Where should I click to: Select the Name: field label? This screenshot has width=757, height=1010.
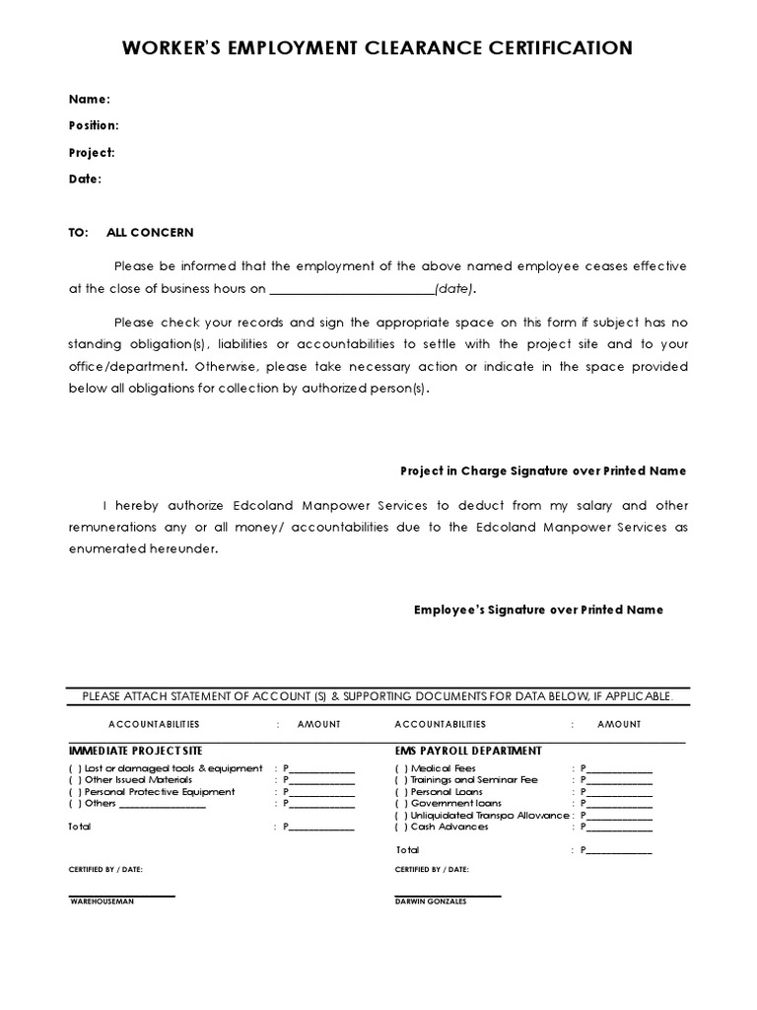tap(89, 99)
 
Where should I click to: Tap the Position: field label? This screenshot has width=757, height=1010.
tap(94, 125)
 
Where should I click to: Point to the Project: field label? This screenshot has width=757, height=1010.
tap(92, 152)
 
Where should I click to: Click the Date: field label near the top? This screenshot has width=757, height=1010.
tap(85, 179)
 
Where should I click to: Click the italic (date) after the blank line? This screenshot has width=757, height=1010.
tap(454, 289)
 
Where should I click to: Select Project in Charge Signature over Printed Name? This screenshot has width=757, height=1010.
tap(542, 470)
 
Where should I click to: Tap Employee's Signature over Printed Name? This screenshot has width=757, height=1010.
tap(537, 610)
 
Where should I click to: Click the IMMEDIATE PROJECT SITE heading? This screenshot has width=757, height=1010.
tap(135, 751)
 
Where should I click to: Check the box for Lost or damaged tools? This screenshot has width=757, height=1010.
tap(75, 768)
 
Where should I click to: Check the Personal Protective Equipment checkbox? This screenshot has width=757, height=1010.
tap(75, 792)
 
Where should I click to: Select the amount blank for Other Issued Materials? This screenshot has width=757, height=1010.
tap(320, 780)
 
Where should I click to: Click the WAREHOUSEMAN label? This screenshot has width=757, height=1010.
tap(103, 902)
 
